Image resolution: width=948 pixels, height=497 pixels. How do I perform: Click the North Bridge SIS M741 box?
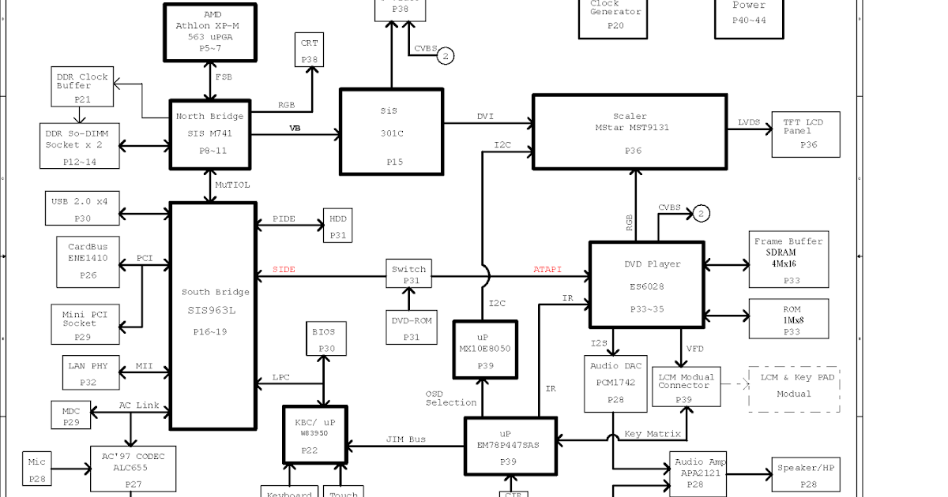(210, 134)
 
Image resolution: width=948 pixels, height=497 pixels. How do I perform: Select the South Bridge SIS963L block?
(213, 316)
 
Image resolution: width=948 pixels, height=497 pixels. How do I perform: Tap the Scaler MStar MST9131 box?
(630, 132)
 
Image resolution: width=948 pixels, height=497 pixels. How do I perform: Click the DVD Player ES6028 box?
(646, 285)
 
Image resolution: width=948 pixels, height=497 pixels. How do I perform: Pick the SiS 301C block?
(391, 131)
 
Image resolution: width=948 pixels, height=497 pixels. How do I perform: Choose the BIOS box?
(323, 339)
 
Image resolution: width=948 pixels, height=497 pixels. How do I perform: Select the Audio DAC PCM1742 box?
(615, 384)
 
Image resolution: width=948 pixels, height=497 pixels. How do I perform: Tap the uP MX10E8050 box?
(485, 349)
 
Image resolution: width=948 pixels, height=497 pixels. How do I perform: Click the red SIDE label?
(284, 270)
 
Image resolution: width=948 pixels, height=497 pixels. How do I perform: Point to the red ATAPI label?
(547, 270)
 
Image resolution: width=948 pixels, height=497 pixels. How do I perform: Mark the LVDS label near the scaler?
(749, 122)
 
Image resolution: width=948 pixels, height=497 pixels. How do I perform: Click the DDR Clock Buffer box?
(82, 87)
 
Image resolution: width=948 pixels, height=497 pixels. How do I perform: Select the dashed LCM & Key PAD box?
(793, 388)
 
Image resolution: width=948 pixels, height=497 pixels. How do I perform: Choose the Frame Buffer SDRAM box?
(788, 260)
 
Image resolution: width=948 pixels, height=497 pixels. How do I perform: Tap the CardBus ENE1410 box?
(88, 261)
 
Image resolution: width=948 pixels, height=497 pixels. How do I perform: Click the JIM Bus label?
(406, 439)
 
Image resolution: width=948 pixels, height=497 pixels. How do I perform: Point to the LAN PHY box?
(88, 374)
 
